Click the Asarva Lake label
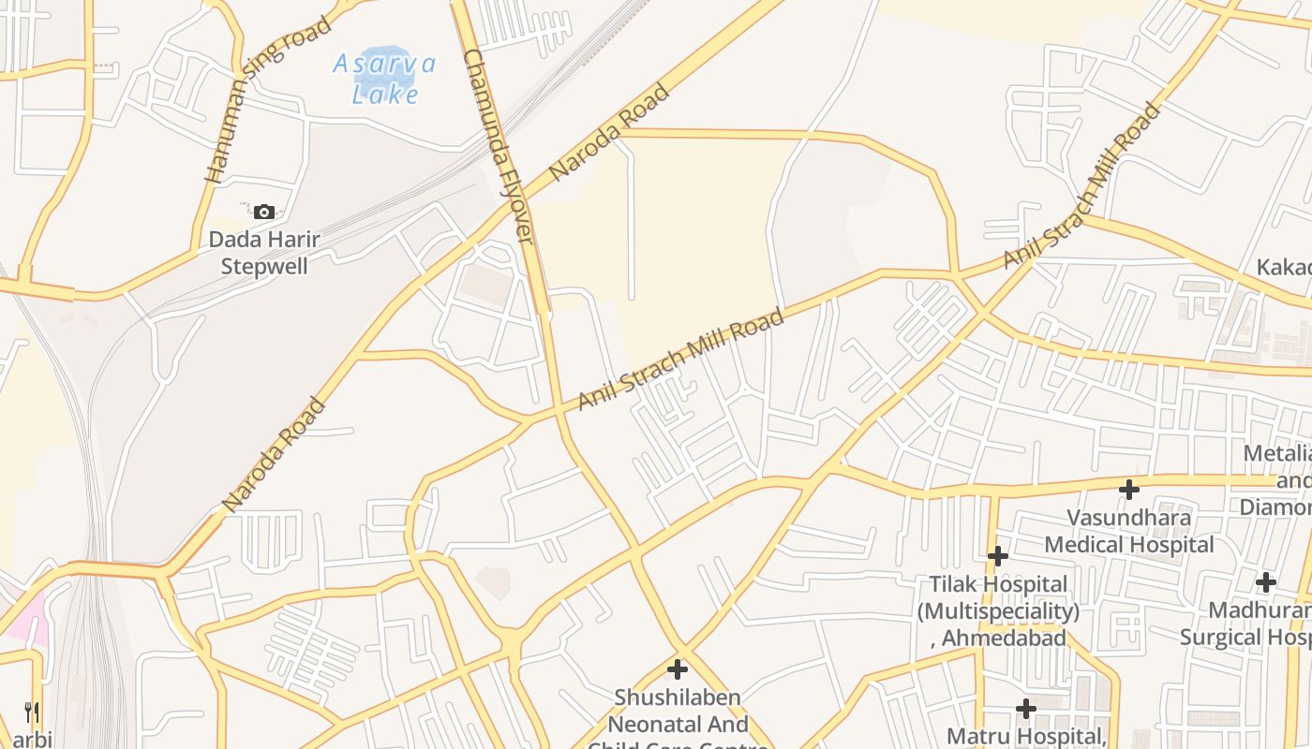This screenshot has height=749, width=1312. [384, 79]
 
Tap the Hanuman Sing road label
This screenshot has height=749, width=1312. [268, 99]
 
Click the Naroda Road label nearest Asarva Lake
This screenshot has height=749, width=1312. [609, 132]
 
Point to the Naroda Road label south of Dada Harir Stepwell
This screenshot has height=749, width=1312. [274, 455]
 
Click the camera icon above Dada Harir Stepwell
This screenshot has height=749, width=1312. [264, 213]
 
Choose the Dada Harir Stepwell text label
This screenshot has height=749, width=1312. [264, 253]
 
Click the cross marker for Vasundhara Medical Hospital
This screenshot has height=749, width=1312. [1129, 489]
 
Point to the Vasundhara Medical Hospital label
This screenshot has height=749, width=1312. [1129, 531]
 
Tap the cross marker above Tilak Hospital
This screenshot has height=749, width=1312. [998, 556]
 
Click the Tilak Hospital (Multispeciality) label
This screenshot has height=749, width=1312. [998, 611]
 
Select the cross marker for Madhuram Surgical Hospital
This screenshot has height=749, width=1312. [1266, 582]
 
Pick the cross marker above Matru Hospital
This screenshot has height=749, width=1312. [1026, 709]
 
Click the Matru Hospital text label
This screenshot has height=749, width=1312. [1028, 736]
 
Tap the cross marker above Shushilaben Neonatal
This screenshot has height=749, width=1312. [678, 669]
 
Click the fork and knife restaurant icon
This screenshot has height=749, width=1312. [32, 712]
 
